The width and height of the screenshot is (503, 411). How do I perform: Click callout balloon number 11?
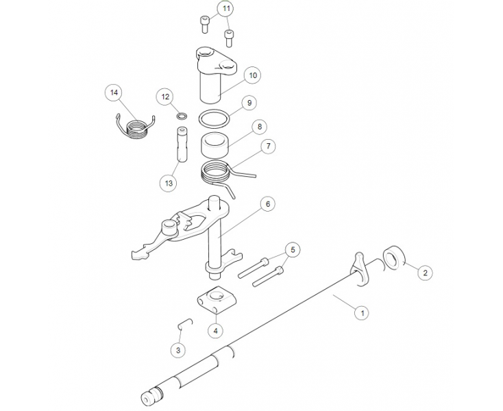[226, 8]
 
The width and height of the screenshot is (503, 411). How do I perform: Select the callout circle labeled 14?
[114, 92]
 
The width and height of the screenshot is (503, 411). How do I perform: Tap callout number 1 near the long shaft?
[363, 312]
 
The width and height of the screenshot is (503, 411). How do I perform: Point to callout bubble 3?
[178, 350]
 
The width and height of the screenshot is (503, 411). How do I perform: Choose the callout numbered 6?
[267, 204]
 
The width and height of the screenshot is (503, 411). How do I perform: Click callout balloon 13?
[169, 183]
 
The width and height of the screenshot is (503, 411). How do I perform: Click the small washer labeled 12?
[182, 115]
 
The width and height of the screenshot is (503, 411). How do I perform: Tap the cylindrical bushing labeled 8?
[214, 146]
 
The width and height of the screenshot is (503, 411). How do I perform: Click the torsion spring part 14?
[136, 125]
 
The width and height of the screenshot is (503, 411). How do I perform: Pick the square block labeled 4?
[217, 299]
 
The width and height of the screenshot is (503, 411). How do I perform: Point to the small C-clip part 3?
[185, 323]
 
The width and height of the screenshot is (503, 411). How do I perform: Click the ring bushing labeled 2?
[393, 257]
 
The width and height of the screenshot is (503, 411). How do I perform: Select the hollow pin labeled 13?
[182, 145]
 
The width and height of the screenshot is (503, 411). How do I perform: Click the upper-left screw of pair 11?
[205, 25]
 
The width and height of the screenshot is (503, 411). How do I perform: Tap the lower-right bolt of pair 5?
[268, 277]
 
